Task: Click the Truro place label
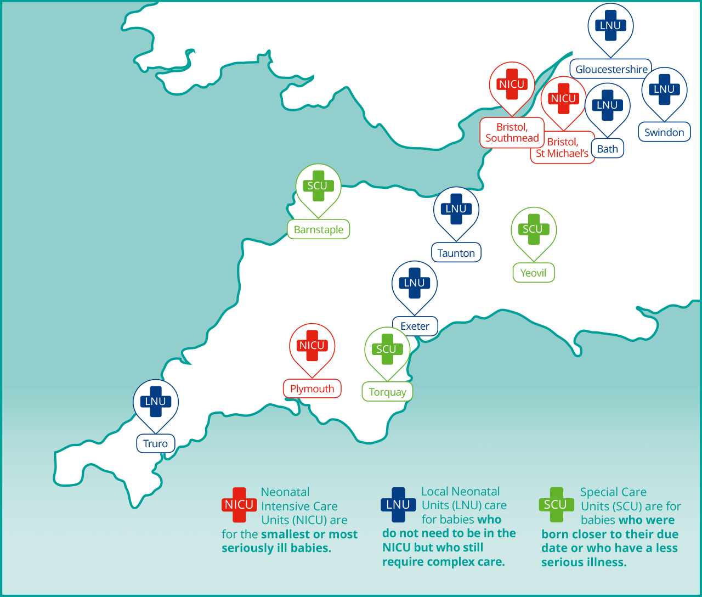pyautogui.click(x=155, y=443)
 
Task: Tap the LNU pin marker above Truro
pyautogui.click(x=156, y=402)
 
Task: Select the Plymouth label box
pyautogui.click(x=312, y=388)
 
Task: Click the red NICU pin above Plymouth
pyautogui.click(x=312, y=346)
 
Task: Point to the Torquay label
pyautogui.click(x=387, y=392)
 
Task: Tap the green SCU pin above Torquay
pyautogui.click(x=387, y=350)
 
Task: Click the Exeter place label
pyautogui.click(x=415, y=326)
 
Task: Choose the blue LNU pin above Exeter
pyautogui.click(x=414, y=283)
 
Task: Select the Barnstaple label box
pyautogui.click(x=318, y=229)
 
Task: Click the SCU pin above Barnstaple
pyautogui.click(x=318, y=186)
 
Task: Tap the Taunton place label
pyautogui.click(x=456, y=253)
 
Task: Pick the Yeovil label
pyautogui.click(x=534, y=273)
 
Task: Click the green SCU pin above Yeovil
pyautogui.click(x=533, y=229)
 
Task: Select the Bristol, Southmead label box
pyautogui.click(x=512, y=132)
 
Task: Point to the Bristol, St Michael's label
pyautogui.click(x=562, y=148)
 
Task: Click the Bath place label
pyautogui.click(x=607, y=149)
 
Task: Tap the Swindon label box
pyautogui.click(x=664, y=132)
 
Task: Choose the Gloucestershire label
pyautogui.click(x=611, y=69)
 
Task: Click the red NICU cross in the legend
pyautogui.click(x=239, y=505)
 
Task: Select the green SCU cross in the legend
pyautogui.click(x=556, y=505)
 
